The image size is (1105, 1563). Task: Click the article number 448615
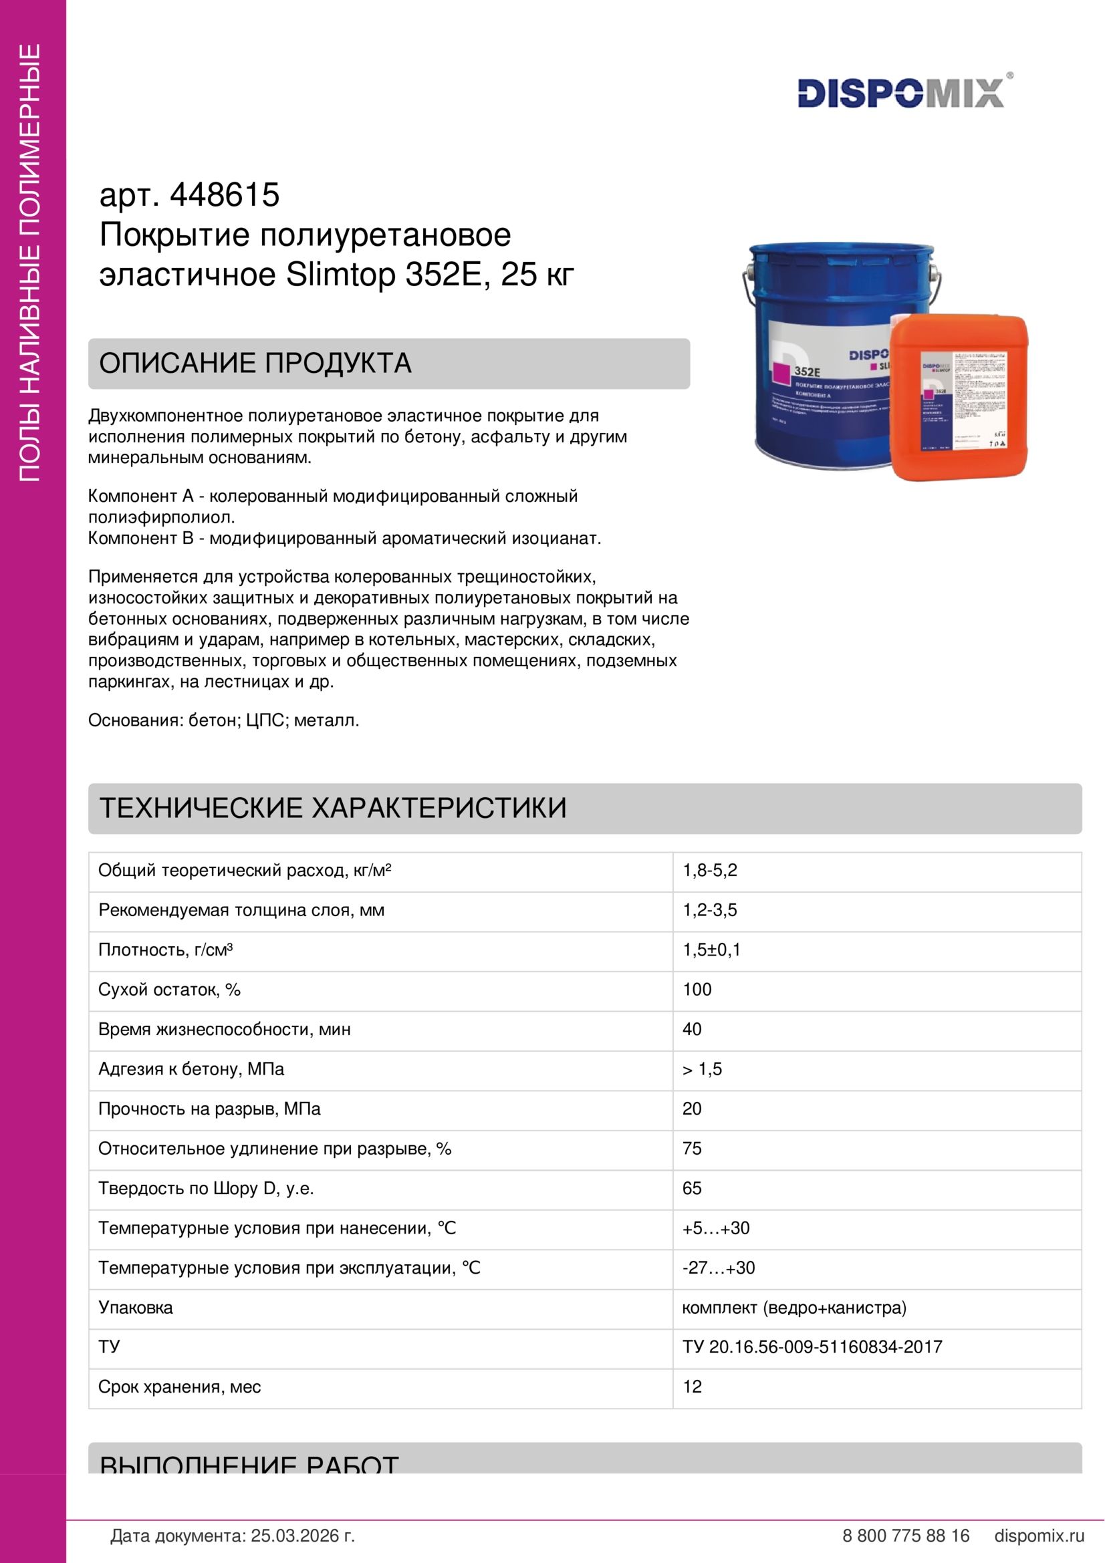click(224, 195)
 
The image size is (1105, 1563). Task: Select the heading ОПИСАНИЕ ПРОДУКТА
click(255, 364)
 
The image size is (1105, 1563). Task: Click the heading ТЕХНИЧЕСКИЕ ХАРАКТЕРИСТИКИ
click(333, 808)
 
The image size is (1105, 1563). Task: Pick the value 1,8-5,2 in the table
click(709, 871)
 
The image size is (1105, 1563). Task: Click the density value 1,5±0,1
click(711, 950)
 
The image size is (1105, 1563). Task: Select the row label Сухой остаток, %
click(170, 990)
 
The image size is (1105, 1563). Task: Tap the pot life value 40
click(692, 1029)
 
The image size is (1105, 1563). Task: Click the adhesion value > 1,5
click(702, 1069)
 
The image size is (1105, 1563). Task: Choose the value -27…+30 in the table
click(719, 1268)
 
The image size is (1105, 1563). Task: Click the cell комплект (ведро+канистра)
click(794, 1308)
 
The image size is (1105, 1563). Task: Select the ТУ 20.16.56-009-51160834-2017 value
click(812, 1347)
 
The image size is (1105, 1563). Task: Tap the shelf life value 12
click(692, 1387)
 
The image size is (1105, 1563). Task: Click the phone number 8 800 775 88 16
click(906, 1536)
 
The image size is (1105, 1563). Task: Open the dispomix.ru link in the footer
click(1039, 1536)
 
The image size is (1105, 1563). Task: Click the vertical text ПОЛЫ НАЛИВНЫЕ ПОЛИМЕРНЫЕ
click(31, 263)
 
